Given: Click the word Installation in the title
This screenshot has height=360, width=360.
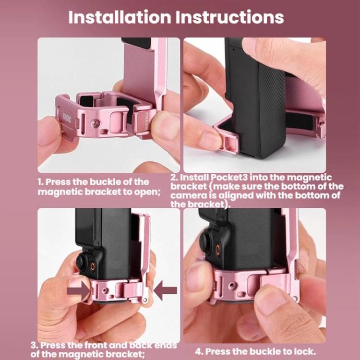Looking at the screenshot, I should coord(120,17).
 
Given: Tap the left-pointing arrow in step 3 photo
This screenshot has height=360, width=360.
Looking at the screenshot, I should coord(165,290).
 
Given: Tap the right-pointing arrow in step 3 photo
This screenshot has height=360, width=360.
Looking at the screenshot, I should coord(78,290).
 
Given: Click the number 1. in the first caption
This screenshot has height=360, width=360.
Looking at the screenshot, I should coord(41,182).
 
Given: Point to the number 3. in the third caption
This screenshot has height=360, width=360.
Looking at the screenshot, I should coord(34,345).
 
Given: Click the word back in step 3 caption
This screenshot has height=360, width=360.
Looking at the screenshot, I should coord(140,345).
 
